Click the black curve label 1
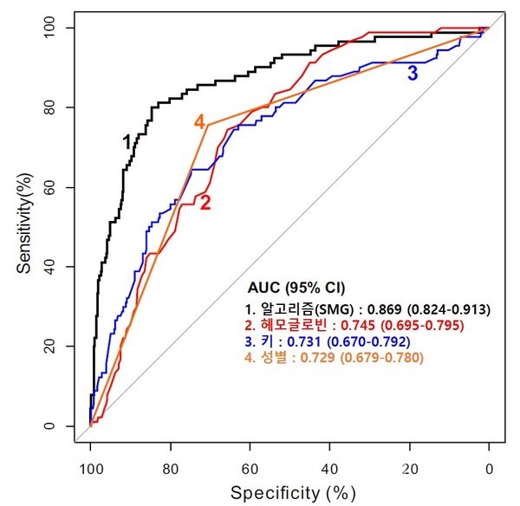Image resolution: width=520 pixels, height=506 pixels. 127,140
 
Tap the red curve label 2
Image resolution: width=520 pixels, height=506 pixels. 205,204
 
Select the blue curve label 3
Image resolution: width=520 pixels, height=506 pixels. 413,74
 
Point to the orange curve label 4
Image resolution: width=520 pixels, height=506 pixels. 198,122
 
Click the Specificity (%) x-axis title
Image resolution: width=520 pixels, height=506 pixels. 293,492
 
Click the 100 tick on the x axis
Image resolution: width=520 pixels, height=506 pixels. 89,469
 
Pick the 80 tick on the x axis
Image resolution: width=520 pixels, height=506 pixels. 169,469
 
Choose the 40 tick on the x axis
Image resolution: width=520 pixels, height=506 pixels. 329,469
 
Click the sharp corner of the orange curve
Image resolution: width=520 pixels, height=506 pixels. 206,125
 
